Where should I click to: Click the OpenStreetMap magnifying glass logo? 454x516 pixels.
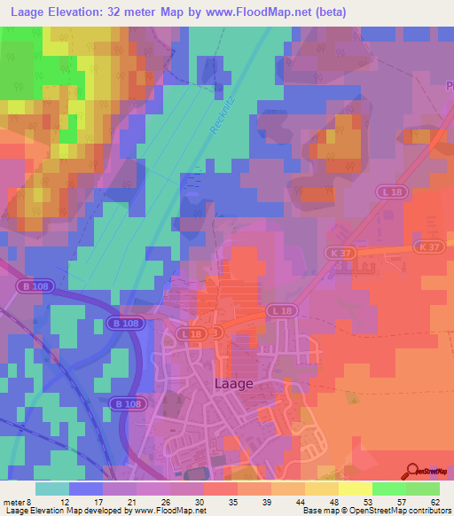point(413,470)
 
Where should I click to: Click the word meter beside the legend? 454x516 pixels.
point(15,502)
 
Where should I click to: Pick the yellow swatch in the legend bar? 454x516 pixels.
point(355,489)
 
